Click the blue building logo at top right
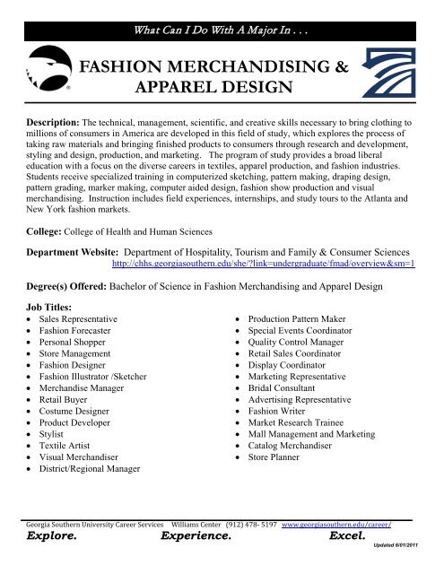pos(395,73)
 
